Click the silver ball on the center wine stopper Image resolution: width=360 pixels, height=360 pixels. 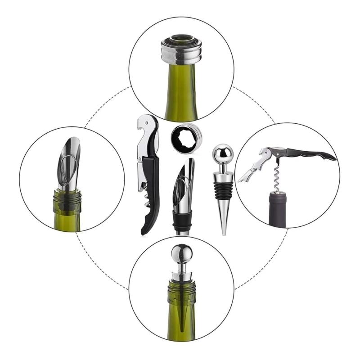pyautogui.click(x=223, y=154)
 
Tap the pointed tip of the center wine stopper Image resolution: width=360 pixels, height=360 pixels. pyautogui.click(x=223, y=232)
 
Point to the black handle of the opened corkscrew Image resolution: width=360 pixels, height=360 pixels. pyautogui.click(x=310, y=153)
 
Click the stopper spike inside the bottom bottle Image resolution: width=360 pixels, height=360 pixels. pyautogui.click(x=180, y=310)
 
